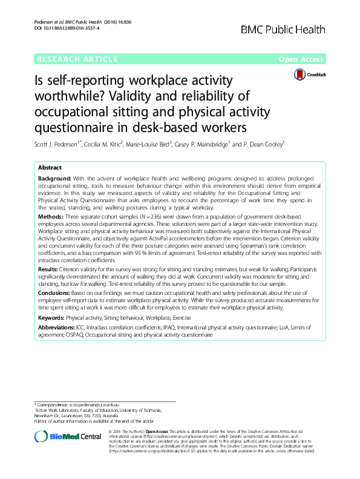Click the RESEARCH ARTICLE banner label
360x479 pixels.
tap(77, 59)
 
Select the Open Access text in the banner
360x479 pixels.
tap(302, 59)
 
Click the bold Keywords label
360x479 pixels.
tap(51, 317)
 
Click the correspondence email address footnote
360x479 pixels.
tap(94, 404)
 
